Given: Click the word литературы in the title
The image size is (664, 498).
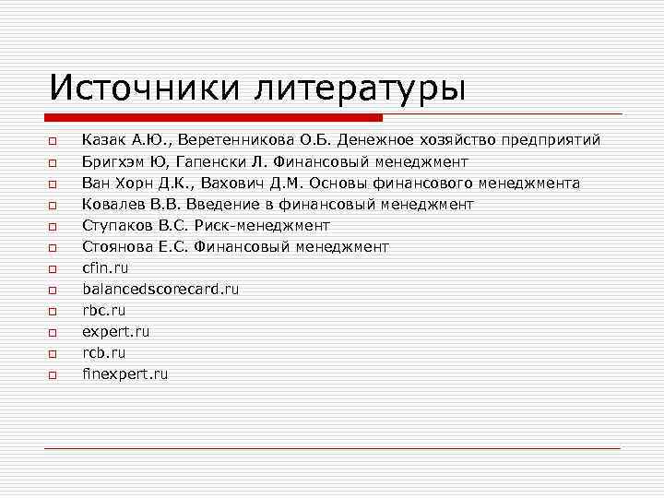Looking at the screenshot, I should click(362, 89).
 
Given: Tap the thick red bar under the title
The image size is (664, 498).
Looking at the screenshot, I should click(213, 118).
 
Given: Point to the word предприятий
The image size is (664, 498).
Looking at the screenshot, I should click(551, 140).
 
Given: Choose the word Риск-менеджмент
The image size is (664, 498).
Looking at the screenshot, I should click(267, 225).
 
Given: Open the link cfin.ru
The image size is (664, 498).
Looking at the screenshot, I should click(105, 267).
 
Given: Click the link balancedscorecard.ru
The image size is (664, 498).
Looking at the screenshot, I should click(160, 289).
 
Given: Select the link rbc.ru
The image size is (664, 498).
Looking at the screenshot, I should click(103, 310).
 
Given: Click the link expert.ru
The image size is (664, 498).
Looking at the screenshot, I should click(115, 331).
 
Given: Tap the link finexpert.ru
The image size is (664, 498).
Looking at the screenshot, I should click(125, 373).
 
